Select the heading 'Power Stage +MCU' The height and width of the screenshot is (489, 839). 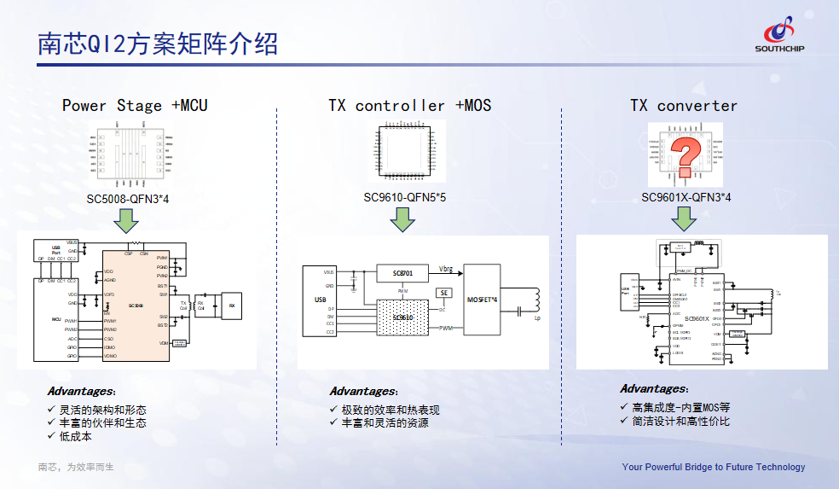point(135,106)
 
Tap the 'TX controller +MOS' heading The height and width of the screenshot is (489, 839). point(409,106)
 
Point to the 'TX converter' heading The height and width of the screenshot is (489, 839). point(684,106)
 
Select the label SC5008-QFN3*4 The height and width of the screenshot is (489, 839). point(134,200)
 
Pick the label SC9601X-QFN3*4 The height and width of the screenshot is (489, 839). point(686,198)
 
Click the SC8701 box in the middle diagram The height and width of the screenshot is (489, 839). point(403,273)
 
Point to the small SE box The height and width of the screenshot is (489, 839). point(443,293)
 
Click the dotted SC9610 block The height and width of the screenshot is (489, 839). point(402,317)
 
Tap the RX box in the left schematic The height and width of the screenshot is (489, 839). point(232,304)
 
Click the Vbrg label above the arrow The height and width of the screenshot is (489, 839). point(446,269)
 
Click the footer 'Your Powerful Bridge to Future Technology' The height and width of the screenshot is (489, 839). point(713,467)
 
